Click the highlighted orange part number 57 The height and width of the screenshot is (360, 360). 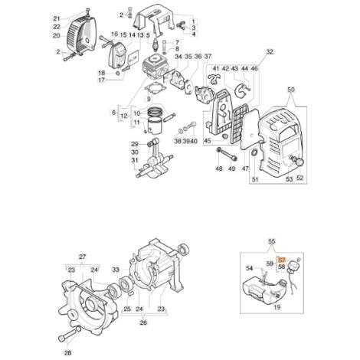point(281,260)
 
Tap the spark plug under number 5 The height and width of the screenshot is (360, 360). point(155,44)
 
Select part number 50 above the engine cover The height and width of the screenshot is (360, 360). point(291,90)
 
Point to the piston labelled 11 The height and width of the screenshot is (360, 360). point(155,126)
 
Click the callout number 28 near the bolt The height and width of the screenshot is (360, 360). point(67,353)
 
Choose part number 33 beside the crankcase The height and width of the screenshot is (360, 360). point(116,270)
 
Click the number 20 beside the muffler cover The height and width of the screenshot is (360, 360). point(57,36)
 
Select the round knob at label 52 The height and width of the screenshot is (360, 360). point(299,162)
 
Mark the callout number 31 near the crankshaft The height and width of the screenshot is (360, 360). point(135,160)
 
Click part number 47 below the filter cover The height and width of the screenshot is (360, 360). point(245,169)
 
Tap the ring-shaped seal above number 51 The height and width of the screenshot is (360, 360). point(254,152)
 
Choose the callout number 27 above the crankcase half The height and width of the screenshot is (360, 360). point(82,257)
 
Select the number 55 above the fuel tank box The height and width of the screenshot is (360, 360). point(272,241)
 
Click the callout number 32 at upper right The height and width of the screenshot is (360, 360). point(270,52)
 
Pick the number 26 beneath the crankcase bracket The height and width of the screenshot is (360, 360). point(143,322)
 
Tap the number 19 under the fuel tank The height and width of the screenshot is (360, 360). point(277,307)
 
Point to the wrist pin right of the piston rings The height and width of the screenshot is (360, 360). point(169,116)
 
